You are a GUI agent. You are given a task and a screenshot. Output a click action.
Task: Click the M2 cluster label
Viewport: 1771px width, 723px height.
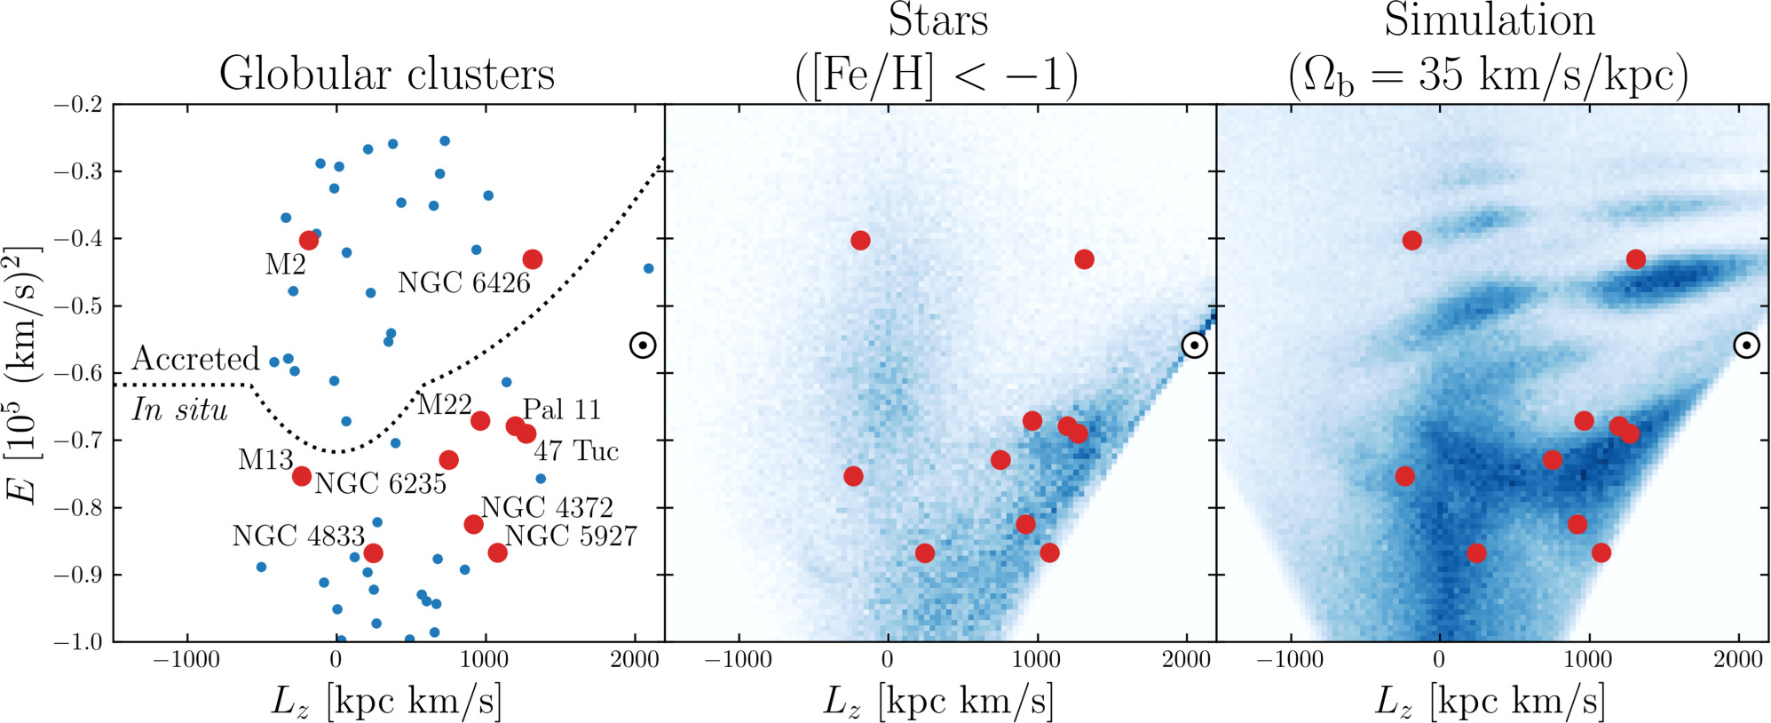pyautogui.click(x=285, y=265)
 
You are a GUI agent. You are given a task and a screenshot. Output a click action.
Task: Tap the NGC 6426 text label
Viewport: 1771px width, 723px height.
pyautogui.click(x=463, y=283)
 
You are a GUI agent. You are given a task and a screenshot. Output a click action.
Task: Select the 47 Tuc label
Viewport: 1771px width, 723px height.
pyautogui.click(x=576, y=451)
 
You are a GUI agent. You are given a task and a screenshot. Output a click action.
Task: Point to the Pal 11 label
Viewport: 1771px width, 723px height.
pyautogui.click(x=561, y=409)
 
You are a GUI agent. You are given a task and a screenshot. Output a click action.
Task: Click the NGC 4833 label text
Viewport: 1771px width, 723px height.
pyautogui.click(x=298, y=536)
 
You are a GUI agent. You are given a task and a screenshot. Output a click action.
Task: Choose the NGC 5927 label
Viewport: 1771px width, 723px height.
pyautogui.click(x=571, y=536)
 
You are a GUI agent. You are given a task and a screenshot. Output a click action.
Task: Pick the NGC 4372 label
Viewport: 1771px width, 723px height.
pyautogui.click(x=547, y=508)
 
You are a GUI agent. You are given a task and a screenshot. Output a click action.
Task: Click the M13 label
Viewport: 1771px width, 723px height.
pyautogui.click(x=265, y=460)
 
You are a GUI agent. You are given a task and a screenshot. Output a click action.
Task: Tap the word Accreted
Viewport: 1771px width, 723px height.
pyautogui.click(x=195, y=359)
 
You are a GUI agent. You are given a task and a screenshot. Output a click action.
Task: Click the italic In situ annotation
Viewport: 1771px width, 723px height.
pyautogui.click(x=180, y=409)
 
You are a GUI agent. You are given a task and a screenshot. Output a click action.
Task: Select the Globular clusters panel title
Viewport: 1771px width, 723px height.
pyautogui.click(x=387, y=74)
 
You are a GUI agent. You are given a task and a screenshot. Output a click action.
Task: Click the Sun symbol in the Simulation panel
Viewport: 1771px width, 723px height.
pyautogui.click(x=1746, y=346)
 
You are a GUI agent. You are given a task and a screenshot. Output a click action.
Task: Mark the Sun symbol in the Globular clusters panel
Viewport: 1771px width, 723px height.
pyautogui.click(x=643, y=346)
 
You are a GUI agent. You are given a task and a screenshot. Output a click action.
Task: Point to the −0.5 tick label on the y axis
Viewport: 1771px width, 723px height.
pyautogui.click(x=78, y=306)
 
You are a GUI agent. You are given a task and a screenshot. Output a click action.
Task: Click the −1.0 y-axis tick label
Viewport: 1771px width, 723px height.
pyautogui.click(x=78, y=641)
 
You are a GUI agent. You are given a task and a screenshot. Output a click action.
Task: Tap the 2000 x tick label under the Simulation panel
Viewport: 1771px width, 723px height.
pyautogui.click(x=1738, y=660)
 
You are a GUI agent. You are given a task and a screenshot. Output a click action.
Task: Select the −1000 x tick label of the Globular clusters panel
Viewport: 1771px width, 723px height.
pyautogui.click(x=186, y=660)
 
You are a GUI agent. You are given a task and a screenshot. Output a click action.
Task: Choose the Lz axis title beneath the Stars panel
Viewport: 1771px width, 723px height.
pyautogui.click(x=938, y=702)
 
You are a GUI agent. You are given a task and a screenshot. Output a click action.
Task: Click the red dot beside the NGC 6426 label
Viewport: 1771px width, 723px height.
pyautogui.click(x=532, y=259)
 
